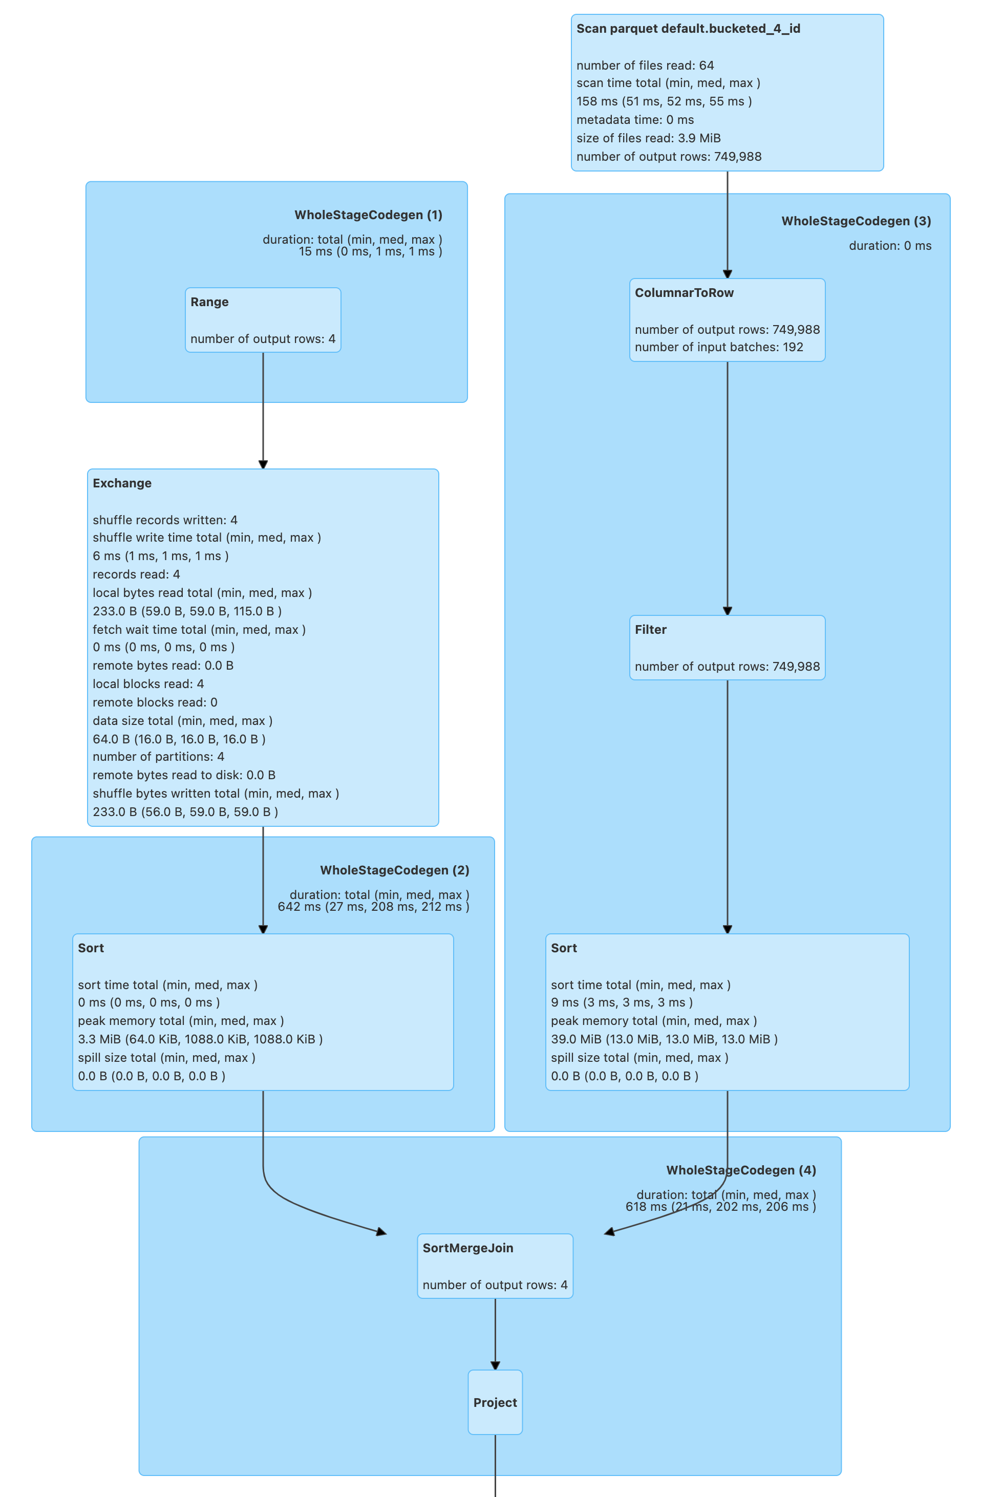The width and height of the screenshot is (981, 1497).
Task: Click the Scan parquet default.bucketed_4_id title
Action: point(688,29)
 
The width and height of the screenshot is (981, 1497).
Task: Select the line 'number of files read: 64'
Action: point(645,66)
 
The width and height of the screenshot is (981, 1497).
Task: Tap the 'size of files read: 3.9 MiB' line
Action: point(648,138)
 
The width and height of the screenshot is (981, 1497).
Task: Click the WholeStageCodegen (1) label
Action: point(368,215)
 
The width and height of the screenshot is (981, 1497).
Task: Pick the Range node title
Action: point(209,302)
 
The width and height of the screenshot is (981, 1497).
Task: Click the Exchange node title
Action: point(122,483)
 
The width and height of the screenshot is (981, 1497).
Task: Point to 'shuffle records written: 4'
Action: point(165,520)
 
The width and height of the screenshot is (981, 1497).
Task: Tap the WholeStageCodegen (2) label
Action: point(394,870)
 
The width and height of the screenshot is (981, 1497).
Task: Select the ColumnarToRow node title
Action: point(684,292)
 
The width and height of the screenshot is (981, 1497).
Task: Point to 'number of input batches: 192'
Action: point(719,347)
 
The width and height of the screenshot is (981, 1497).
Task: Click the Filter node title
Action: point(650,630)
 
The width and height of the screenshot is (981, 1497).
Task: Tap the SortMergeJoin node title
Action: point(467,1248)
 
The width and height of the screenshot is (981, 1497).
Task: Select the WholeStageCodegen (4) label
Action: point(741,1170)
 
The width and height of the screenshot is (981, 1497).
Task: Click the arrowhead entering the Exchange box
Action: point(263,464)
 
